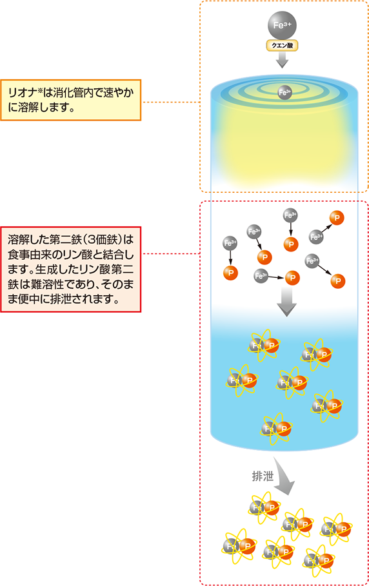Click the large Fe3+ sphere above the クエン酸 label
click(282, 25)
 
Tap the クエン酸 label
click(282, 45)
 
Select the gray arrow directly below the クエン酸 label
click(283, 60)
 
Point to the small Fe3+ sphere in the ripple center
click(284, 92)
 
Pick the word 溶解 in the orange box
click(28, 108)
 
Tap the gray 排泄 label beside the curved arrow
click(263, 476)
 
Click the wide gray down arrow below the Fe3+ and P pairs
click(287, 302)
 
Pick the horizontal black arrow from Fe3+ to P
click(276, 277)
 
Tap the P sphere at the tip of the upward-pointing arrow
click(337, 217)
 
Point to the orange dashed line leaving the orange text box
click(170, 102)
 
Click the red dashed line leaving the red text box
click(170, 254)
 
